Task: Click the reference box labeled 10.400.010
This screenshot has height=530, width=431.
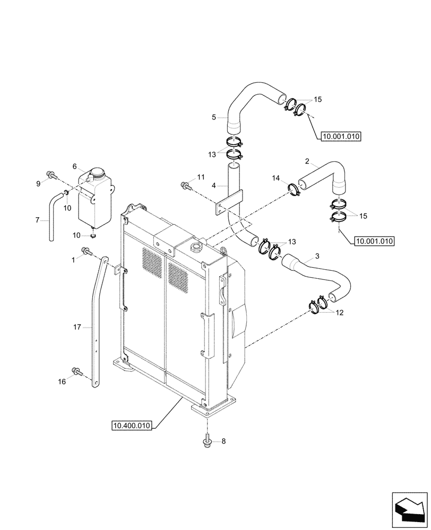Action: coord(132,425)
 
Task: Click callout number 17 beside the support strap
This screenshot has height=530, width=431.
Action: coord(78,328)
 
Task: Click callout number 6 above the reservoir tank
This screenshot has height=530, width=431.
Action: coord(75,166)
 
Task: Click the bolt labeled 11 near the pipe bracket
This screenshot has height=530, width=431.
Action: coord(185,185)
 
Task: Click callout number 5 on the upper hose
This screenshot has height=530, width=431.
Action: coord(214,117)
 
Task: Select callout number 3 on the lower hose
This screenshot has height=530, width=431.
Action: coord(317,256)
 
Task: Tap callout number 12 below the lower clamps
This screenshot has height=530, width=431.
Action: coord(339,313)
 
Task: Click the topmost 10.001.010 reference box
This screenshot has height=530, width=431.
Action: coord(341,136)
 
